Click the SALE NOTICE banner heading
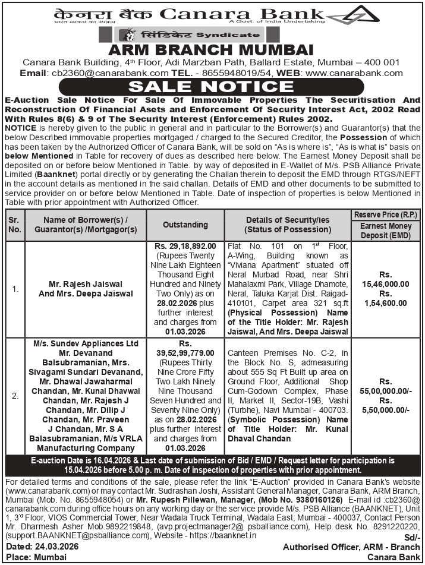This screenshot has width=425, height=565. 212,86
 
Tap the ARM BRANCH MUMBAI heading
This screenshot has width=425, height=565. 212,49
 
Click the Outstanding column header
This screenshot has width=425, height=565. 185,225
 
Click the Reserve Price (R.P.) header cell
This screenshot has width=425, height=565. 385,214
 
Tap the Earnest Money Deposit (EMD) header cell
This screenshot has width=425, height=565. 385,231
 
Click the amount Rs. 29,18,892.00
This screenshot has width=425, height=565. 185,245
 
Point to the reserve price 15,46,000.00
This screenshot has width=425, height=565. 386,284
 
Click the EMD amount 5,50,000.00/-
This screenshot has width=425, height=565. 386,411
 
